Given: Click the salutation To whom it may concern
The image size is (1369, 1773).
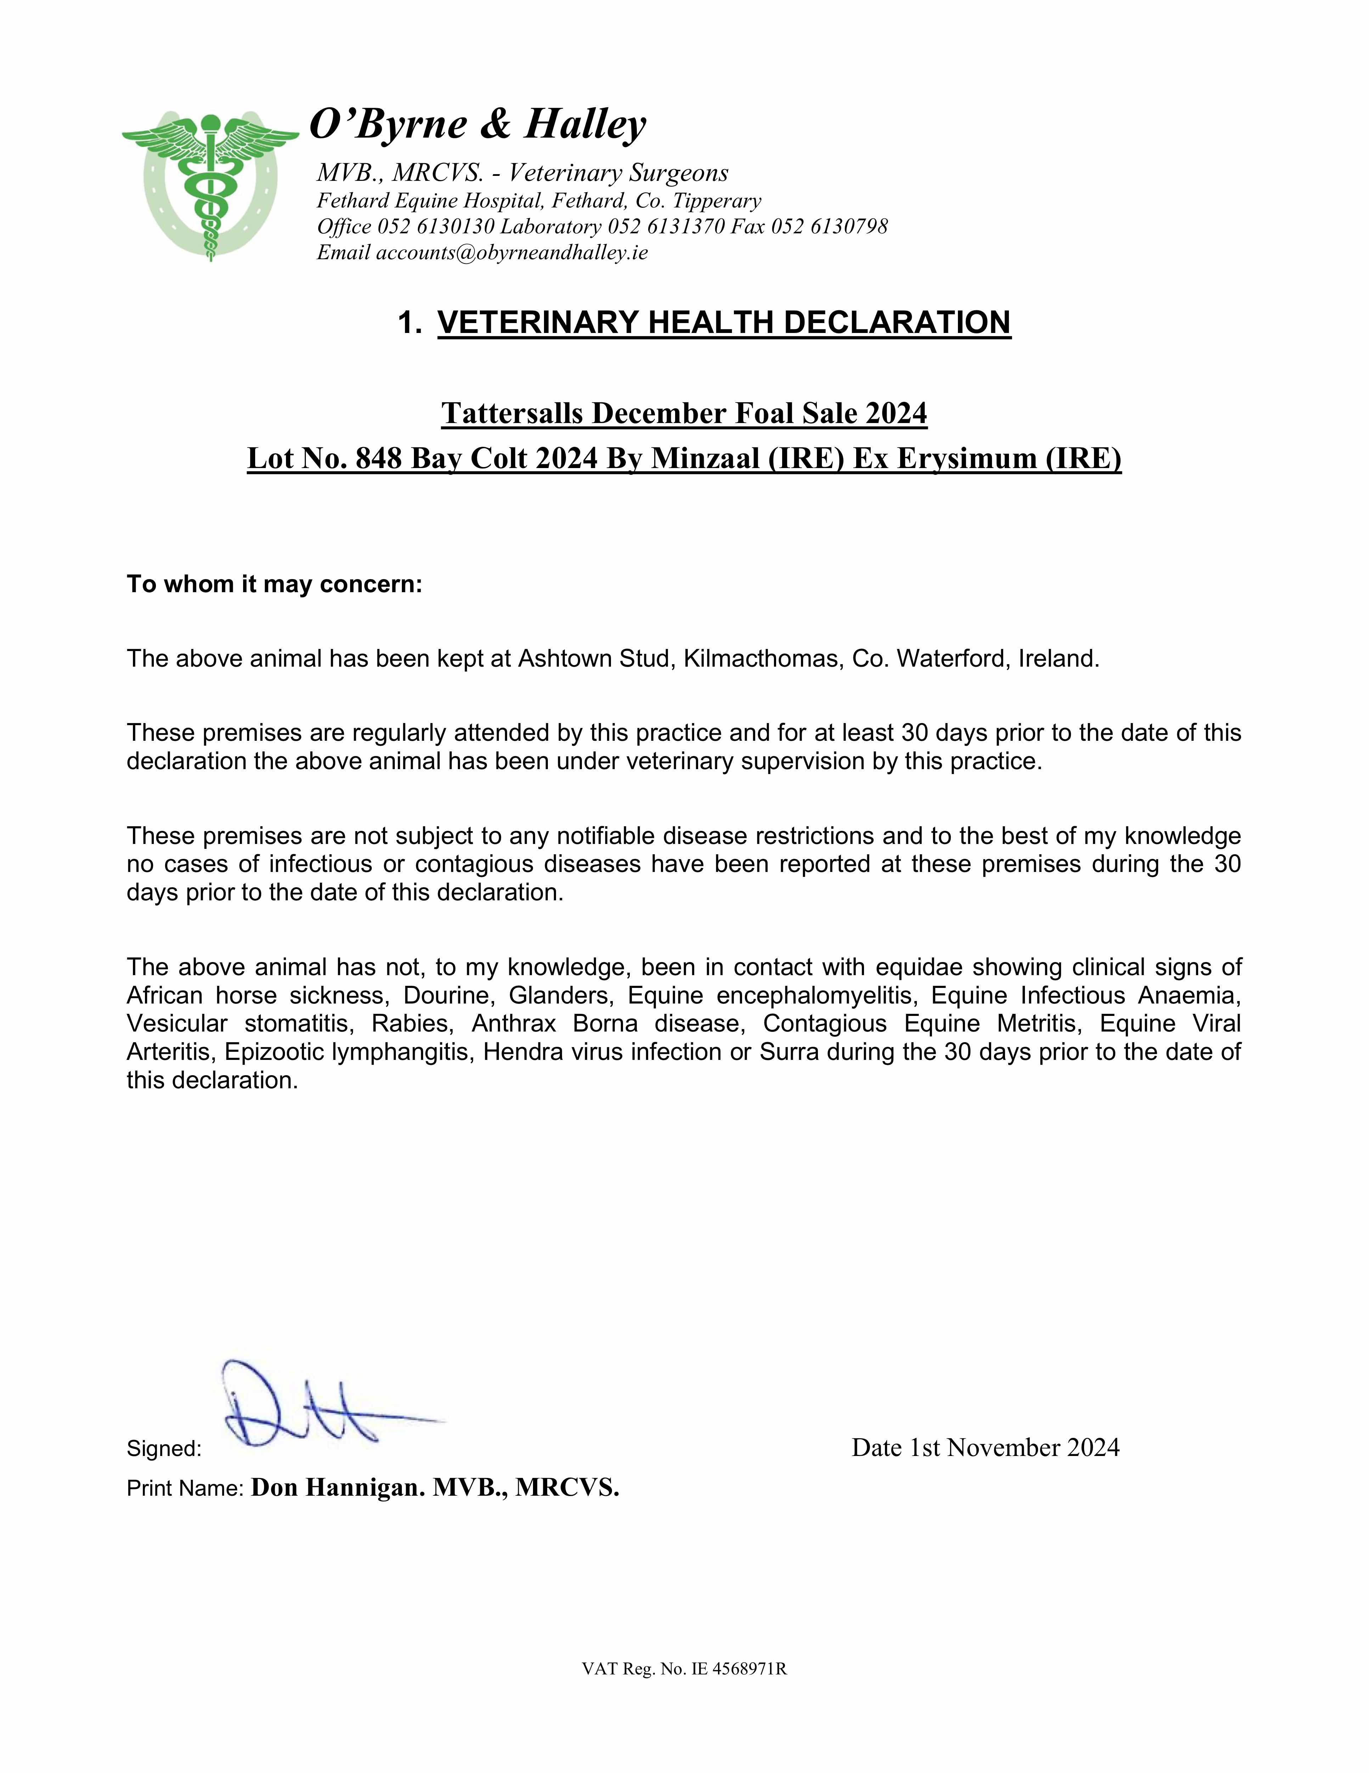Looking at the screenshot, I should pyautogui.click(x=274, y=584).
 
